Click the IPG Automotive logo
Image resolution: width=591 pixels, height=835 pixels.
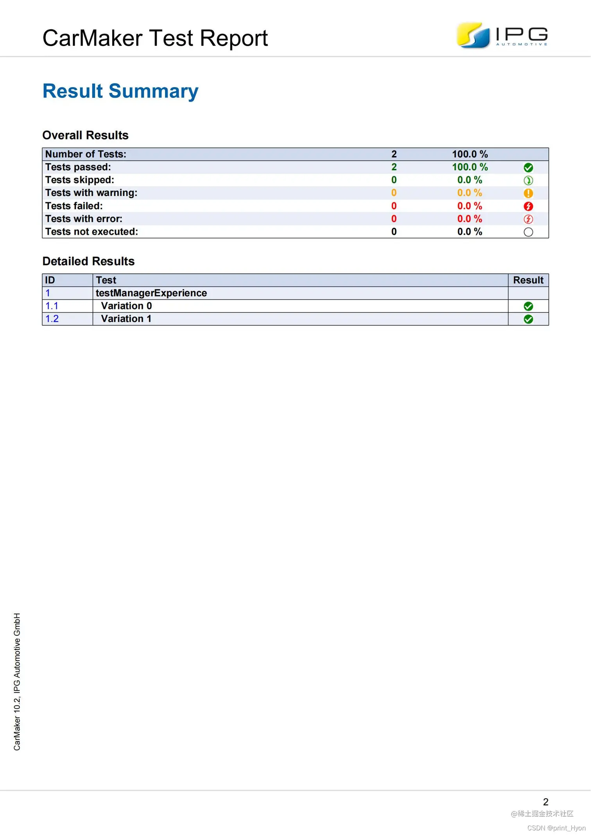[x=502, y=36]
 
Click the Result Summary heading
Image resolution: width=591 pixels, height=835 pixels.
[x=120, y=91]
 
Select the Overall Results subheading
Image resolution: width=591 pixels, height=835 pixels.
[x=85, y=135]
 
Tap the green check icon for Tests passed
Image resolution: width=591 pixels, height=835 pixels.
[x=528, y=168]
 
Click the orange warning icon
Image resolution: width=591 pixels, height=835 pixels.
[x=528, y=193]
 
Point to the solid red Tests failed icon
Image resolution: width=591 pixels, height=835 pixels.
[x=528, y=206]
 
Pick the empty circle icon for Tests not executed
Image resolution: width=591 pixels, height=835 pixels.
[x=528, y=232]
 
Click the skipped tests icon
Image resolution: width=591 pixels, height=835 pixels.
[x=528, y=180]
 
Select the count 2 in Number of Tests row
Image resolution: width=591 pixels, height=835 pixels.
[x=394, y=154]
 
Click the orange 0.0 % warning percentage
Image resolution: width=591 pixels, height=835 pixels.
[x=469, y=193]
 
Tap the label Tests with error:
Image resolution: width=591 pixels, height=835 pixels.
[x=84, y=219]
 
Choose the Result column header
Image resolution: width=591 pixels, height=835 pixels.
[x=528, y=280]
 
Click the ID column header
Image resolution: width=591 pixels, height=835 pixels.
[x=50, y=280]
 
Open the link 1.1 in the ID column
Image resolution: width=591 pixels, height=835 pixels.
[x=52, y=306]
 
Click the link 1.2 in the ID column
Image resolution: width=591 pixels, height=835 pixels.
[x=52, y=319]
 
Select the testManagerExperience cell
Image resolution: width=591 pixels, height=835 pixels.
[x=151, y=293]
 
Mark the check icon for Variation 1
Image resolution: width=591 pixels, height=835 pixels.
[x=528, y=319]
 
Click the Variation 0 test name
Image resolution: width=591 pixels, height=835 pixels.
[x=126, y=306]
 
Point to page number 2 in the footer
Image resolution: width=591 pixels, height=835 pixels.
[x=546, y=802]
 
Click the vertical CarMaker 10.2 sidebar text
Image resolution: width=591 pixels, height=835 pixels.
[x=17, y=682]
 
